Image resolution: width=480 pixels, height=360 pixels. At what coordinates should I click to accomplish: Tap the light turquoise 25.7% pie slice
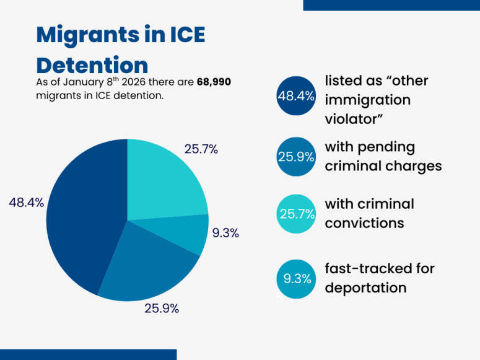[x=164, y=180]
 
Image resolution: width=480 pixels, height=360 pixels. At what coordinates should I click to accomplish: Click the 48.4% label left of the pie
[x=26, y=203]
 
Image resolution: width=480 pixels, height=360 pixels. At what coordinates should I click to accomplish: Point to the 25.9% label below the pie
[x=161, y=308]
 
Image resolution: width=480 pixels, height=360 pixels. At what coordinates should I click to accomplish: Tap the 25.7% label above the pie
[x=201, y=149]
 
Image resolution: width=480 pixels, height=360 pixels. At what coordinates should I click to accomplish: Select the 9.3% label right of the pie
[x=225, y=234]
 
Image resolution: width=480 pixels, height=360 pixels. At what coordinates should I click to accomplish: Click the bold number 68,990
[x=214, y=82]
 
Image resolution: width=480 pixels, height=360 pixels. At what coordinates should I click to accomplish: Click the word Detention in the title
[x=92, y=65]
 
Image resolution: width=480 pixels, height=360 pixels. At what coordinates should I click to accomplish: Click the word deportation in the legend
[x=365, y=288]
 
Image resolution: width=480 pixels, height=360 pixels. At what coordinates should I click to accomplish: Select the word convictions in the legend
[x=364, y=222]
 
